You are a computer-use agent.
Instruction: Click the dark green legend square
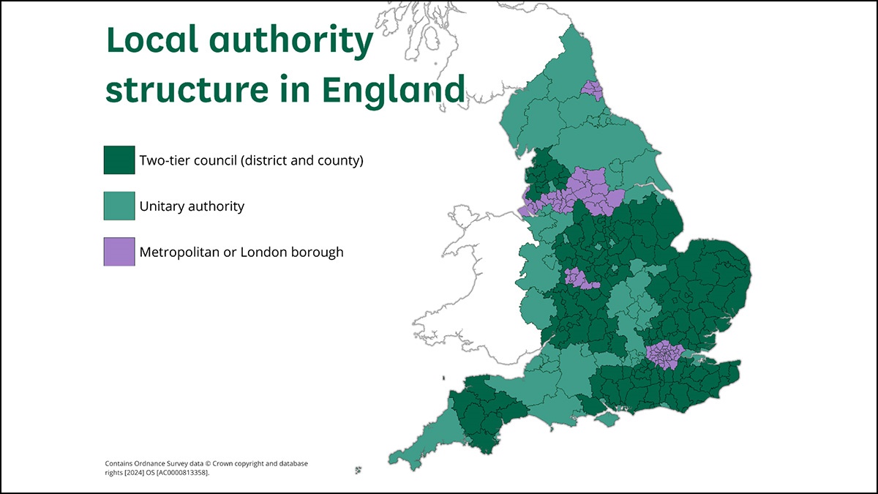(x=119, y=160)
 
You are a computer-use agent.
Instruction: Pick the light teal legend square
(x=119, y=206)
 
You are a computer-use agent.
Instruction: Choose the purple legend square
(x=119, y=252)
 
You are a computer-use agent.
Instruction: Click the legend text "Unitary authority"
(x=192, y=206)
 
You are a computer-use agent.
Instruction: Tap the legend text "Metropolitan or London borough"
(x=241, y=252)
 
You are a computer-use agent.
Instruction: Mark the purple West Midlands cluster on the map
(x=577, y=278)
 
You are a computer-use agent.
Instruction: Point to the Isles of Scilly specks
(x=359, y=470)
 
